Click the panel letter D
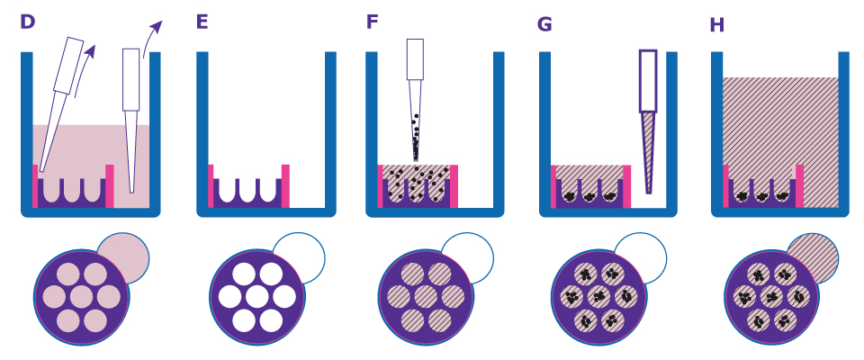(x=27, y=22)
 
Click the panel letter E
(x=202, y=22)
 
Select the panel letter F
(x=372, y=22)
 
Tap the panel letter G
(x=544, y=23)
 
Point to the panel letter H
(x=717, y=24)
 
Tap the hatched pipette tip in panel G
(x=648, y=148)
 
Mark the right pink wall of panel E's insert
(x=285, y=185)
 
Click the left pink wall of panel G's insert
(x=554, y=186)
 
